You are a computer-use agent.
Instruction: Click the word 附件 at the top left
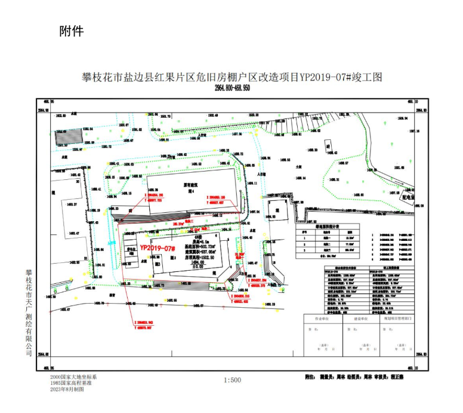point(71,32)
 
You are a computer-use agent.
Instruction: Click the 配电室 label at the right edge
point(409,196)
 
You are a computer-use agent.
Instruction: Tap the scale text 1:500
point(232,380)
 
